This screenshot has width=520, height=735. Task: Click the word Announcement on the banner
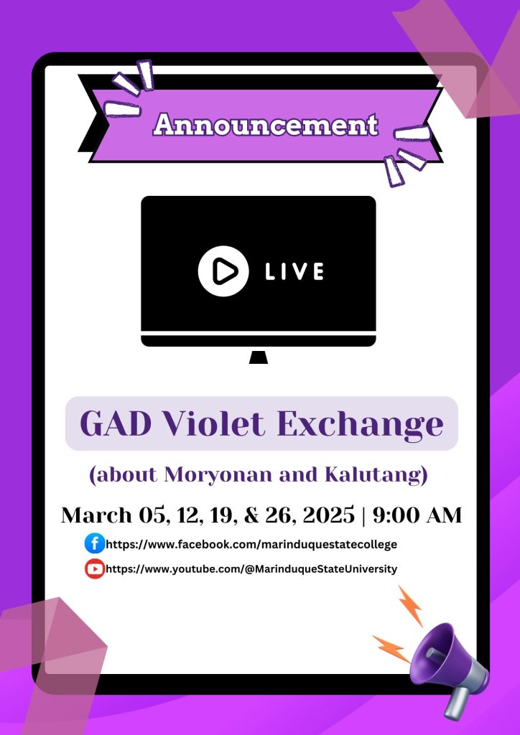tap(266, 125)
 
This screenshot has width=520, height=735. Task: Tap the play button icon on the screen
tap(223, 271)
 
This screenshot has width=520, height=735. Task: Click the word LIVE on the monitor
tap(294, 271)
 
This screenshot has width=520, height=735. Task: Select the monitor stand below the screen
tap(259, 357)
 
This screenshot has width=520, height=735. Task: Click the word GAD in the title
tap(116, 423)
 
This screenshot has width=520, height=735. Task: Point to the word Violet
tap(213, 423)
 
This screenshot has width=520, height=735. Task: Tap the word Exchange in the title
tap(360, 425)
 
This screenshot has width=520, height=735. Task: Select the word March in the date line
tap(96, 515)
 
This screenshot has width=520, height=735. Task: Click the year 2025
tap(328, 515)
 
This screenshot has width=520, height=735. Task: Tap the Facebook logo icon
tap(95, 544)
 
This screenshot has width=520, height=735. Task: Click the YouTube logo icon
tap(95, 569)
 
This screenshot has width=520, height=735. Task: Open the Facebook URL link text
tap(252, 544)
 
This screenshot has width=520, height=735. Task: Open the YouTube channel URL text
tap(252, 569)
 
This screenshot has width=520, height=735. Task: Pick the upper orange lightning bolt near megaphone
tap(410, 606)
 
